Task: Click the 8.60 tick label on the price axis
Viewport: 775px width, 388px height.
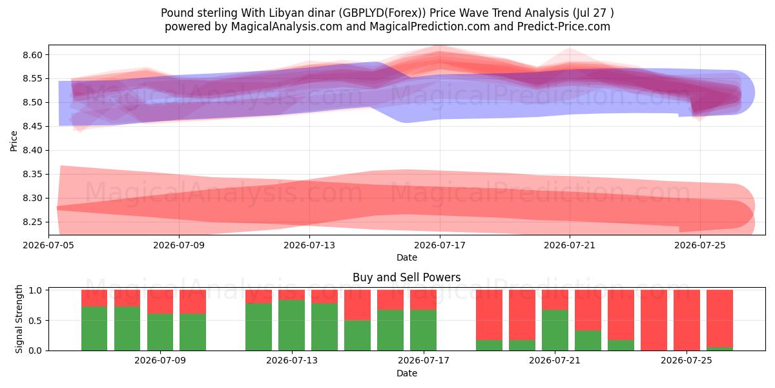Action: tap(32, 55)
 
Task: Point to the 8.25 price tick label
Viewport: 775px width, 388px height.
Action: tap(32, 222)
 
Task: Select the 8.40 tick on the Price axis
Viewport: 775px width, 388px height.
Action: tap(32, 150)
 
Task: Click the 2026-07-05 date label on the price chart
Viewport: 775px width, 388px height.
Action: tap(48, 245)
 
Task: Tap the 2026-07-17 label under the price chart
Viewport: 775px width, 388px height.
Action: tap(440, 245)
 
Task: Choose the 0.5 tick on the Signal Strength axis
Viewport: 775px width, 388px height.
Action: tap(36, 321)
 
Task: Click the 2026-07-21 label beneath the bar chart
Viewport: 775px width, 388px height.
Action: tap(555, 361)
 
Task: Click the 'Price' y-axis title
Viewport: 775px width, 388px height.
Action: tap(14, 141)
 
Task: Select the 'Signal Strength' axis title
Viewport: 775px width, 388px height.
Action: tap(19, 319)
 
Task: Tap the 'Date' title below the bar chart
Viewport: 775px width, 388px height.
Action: tap(407, 374)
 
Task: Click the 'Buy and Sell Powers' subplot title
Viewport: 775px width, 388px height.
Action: tap(406, 277)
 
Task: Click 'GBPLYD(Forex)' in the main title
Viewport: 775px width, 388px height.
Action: tap(382, 13)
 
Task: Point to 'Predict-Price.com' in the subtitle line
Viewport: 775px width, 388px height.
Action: tap(564, 27)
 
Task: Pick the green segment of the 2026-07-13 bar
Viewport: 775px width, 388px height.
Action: tap(292, 325)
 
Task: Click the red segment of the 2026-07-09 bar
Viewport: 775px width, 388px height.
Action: tap(160, 302)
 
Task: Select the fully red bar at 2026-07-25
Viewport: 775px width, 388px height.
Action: tap(687, 320)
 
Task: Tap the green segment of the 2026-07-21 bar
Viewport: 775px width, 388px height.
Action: tap(555, 330)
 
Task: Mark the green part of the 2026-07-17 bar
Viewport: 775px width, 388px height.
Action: tap(424, 330)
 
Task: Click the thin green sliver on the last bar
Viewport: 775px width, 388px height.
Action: tap(719, 349)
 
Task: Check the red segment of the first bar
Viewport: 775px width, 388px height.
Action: tap(94, 298)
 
